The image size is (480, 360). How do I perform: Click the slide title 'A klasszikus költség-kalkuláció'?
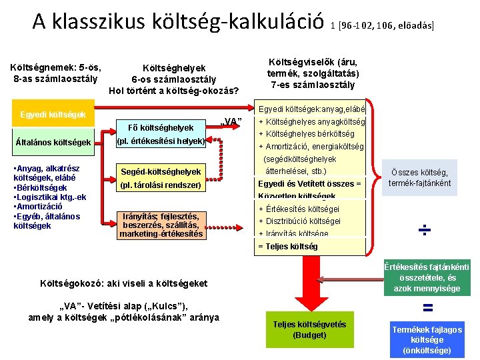click(178, 22)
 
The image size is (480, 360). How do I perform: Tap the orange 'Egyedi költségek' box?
click(53, 115)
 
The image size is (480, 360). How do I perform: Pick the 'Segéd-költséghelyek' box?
click(160, 178)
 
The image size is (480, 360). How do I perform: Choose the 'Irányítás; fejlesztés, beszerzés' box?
click(160, 225)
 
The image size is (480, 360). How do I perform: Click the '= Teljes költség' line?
click(288, 246)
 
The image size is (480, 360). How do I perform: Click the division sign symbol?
click(425, 231)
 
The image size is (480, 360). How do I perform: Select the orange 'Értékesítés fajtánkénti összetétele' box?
click(427, 277)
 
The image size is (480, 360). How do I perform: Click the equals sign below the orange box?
click(428, 307)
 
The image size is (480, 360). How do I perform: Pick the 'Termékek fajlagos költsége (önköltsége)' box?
click(427, 340)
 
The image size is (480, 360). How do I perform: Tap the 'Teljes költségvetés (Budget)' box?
click(309, 329)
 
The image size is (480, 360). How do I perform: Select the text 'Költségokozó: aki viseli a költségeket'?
click(114, 283)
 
